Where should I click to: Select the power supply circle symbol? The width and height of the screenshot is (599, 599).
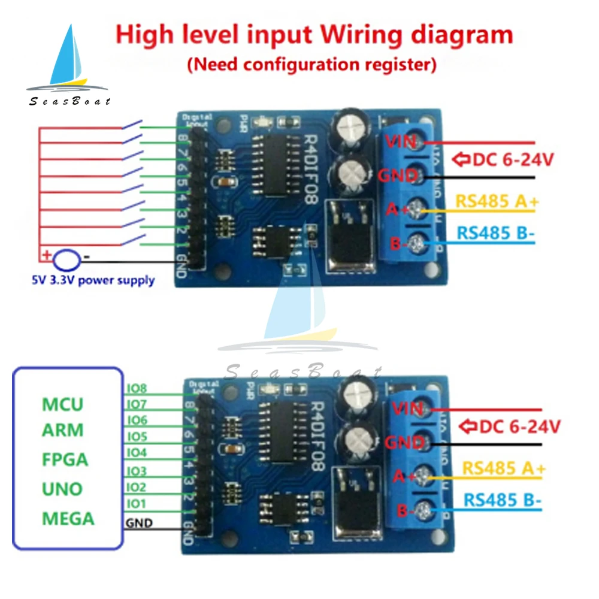click(x=66, y=259)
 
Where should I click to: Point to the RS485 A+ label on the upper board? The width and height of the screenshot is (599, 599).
click(x=497, y=202)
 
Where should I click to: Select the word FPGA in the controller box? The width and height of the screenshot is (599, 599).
click(x=65, y=460)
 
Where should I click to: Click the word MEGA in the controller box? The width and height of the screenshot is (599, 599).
click(x=68, y=518)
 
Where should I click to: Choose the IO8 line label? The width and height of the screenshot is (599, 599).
click(x=137, y=388)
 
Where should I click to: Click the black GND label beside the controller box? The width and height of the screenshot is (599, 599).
click(x=139, y=523)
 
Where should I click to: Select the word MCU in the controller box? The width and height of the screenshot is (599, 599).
click(x=63, y=404)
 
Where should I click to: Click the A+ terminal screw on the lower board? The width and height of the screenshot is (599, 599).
click(x=424, y=477)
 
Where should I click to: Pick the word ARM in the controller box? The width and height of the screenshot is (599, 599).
click(x=63, y=431)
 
